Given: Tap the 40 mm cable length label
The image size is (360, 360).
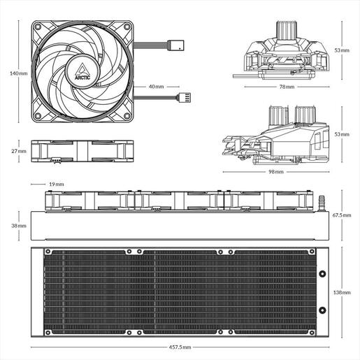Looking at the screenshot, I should (157, 87).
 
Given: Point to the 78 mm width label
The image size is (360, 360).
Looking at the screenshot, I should (287, 87).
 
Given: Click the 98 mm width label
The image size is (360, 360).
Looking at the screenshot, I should (277, 171).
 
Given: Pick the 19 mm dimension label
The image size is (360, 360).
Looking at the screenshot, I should (56, 184).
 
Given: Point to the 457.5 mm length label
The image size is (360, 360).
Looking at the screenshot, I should (180, 347).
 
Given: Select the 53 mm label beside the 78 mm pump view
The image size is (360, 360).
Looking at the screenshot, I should (341, 50).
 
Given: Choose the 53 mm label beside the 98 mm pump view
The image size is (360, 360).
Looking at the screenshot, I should (341, 133).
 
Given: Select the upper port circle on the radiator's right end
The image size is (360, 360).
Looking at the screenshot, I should (324, 273).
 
